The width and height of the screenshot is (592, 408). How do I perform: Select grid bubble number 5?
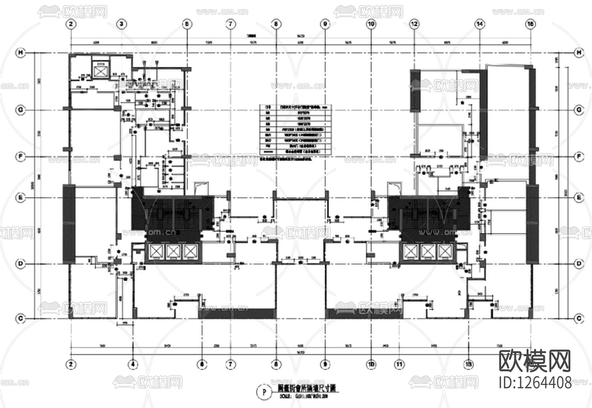point(186,24)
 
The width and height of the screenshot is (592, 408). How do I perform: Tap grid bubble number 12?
point(414,24)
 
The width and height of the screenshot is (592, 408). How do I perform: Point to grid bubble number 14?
point(479,24)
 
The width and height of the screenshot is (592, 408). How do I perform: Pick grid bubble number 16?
point(531,24)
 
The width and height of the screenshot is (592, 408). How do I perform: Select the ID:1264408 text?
point(535,383)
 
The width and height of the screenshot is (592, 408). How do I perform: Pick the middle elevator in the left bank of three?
point(173,252)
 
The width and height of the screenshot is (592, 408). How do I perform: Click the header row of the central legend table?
point(295,107)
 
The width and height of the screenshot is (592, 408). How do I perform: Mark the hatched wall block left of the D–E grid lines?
point(69,224)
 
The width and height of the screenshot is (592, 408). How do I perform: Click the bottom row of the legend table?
point(295,151)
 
